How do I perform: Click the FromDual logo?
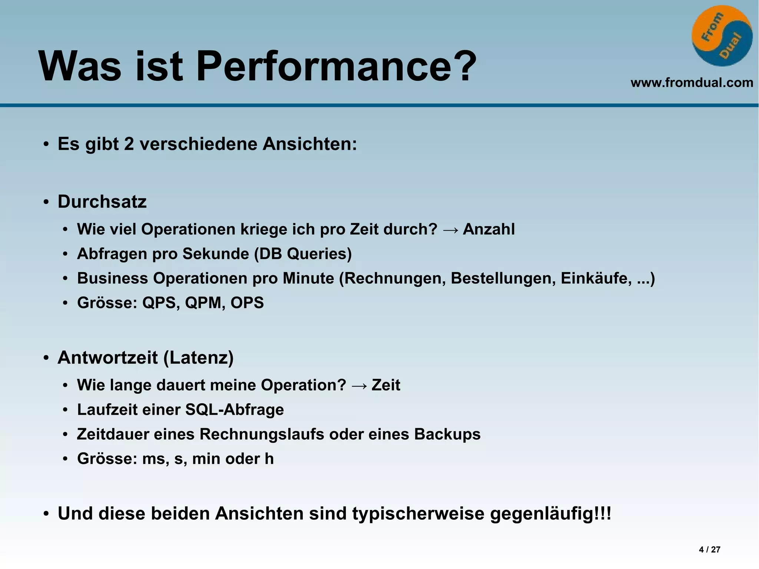(x=722, y=36)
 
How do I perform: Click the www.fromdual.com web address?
(x=692, y=83)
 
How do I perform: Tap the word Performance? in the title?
(x=336, y=67)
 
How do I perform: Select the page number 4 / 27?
(x=709, y=550)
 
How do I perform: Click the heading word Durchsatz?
(x=102, y=202)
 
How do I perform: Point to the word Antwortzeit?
(x=107, y=358)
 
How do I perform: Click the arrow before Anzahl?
(x=450, y=230)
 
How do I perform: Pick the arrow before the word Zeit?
(x=359, y=386)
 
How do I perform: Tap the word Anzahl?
(x=489, y=229)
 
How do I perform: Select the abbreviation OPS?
(x=247, y=303)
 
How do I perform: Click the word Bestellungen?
(x=503, y=278)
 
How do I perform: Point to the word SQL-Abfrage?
(x=235, y=410)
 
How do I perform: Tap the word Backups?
(x=447, y=434)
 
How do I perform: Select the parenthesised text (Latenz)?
(x=198, y=358)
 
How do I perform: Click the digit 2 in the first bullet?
(x=129, y=144)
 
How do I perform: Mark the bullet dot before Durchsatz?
(x=46, y=202)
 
